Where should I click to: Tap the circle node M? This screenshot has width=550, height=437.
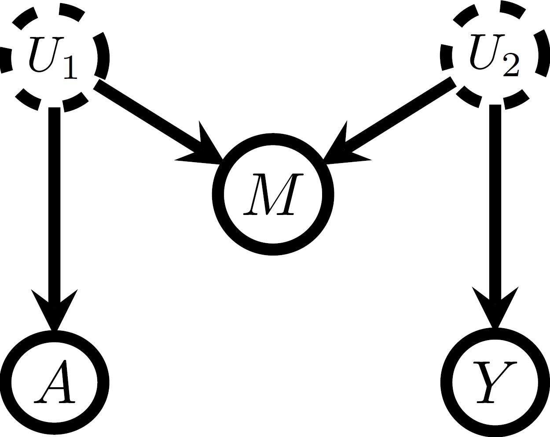tap(273, 194)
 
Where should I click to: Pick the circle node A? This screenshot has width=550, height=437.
tap(54, 382)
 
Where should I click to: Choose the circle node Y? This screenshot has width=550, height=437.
tap(495, 382)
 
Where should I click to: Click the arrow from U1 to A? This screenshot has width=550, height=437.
tap(54, 198)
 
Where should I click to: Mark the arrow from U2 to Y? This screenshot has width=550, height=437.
tap(495, 198)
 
